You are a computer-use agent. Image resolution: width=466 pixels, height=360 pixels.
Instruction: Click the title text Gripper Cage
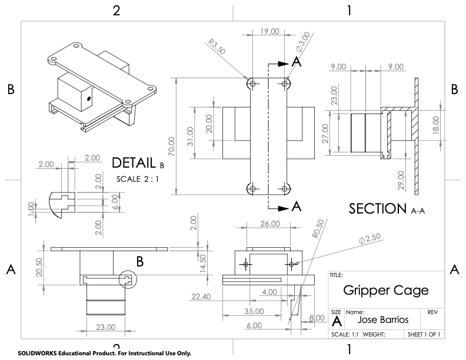coord(385,291)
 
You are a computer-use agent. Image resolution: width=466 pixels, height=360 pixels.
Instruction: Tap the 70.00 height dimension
coord(172,147)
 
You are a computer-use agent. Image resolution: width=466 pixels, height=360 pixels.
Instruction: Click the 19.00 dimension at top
coord(269,32)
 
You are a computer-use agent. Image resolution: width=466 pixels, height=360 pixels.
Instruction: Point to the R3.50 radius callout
coord(217,47)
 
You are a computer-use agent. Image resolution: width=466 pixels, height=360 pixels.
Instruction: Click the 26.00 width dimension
coord(268,224)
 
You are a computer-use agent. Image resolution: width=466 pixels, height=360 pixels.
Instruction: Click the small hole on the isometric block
coord(89,99)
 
